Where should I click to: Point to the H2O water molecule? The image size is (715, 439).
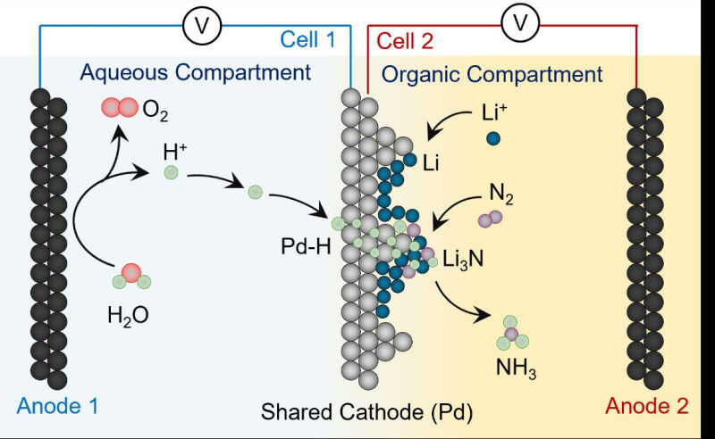pos(130,276)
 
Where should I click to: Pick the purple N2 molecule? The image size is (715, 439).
pos(490,219)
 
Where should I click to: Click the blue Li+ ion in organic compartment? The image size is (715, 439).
pos(492,138)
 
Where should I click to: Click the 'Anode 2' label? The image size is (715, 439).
pos(647,407)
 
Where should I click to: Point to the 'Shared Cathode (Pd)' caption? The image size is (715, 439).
pos(366,411)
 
